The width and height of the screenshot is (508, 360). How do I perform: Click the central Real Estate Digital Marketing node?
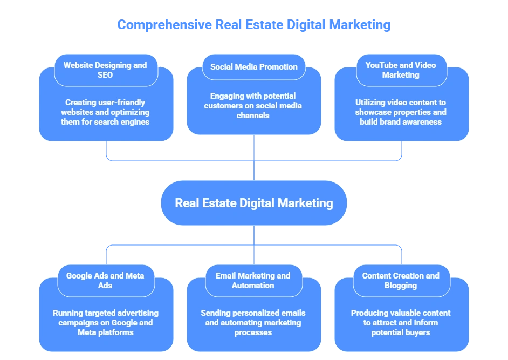(253, 203)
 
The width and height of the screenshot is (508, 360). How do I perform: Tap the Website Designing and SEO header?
(105, 70)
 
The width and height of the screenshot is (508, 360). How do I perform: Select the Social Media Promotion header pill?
(253, 67)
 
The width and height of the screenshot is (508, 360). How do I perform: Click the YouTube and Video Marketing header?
(401, 70)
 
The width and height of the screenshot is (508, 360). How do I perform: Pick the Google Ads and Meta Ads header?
(105, 280)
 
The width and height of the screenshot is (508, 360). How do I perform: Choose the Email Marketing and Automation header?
(253, 280)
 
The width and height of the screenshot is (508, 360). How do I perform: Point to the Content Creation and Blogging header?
(401, 280)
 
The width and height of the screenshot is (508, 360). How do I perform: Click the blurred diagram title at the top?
(253, 25)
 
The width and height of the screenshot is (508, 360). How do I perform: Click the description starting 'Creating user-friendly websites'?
(105, 112)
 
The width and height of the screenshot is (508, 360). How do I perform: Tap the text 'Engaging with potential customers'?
(253, 106)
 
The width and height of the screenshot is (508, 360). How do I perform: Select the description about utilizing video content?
(401, 112)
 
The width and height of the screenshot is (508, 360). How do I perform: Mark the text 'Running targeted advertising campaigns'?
(105, 322)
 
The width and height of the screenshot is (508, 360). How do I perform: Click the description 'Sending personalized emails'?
(253, 322)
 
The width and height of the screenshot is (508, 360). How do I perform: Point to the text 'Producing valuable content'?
(401, 322)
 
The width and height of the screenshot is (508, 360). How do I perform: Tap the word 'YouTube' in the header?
(381, 65)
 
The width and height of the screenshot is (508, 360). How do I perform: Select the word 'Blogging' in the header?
(401, 286)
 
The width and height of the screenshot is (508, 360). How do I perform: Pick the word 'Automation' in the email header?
(253, 286)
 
